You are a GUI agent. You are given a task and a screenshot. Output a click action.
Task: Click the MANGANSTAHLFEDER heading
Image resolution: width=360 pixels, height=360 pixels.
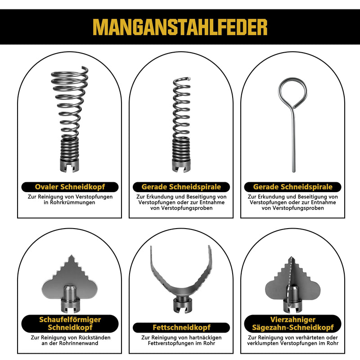pyautogui.click(x=180, y=27)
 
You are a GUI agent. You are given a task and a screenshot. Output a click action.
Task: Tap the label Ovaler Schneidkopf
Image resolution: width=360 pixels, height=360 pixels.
pyautogui.click(x=70, y=187)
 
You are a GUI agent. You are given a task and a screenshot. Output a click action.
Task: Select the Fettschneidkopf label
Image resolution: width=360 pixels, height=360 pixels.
pyautogui.click(x=181, y=328)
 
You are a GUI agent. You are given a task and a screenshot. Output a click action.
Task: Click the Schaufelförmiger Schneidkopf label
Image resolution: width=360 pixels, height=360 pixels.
pyautogui.click(x=70, y=324)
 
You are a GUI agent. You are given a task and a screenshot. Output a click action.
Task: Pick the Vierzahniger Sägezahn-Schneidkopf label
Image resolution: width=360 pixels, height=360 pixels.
pyautogui.click(x=293, y=324)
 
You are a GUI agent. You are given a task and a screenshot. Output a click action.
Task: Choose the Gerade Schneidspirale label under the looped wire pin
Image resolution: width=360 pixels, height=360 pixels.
pyautogui.click(x=293, y=187)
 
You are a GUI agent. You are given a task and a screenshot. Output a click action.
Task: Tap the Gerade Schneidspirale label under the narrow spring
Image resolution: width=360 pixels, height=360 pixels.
pyautogui.click(x=181, y=187)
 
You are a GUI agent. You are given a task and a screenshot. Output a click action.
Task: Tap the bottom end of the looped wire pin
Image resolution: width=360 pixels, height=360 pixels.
pyautogui.click(x=294, y=171)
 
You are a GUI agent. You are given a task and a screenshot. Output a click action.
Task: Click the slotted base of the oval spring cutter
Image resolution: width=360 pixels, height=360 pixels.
pyautogui.click(x=70, y=165)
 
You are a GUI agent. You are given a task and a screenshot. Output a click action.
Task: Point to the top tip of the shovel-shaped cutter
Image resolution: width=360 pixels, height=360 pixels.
pyautogui.click(x=71, y=255)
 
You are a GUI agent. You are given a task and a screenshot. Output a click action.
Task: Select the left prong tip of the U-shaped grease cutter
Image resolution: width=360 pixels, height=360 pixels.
pyautogui.click(x=151, y=247)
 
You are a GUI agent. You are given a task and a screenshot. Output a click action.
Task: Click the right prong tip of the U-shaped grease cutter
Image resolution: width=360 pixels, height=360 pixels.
pyautogui.click(x=209, y=246)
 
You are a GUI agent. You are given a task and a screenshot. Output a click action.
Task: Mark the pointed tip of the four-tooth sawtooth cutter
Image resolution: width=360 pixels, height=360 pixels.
pyautogui.click(x=291, y=257)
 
